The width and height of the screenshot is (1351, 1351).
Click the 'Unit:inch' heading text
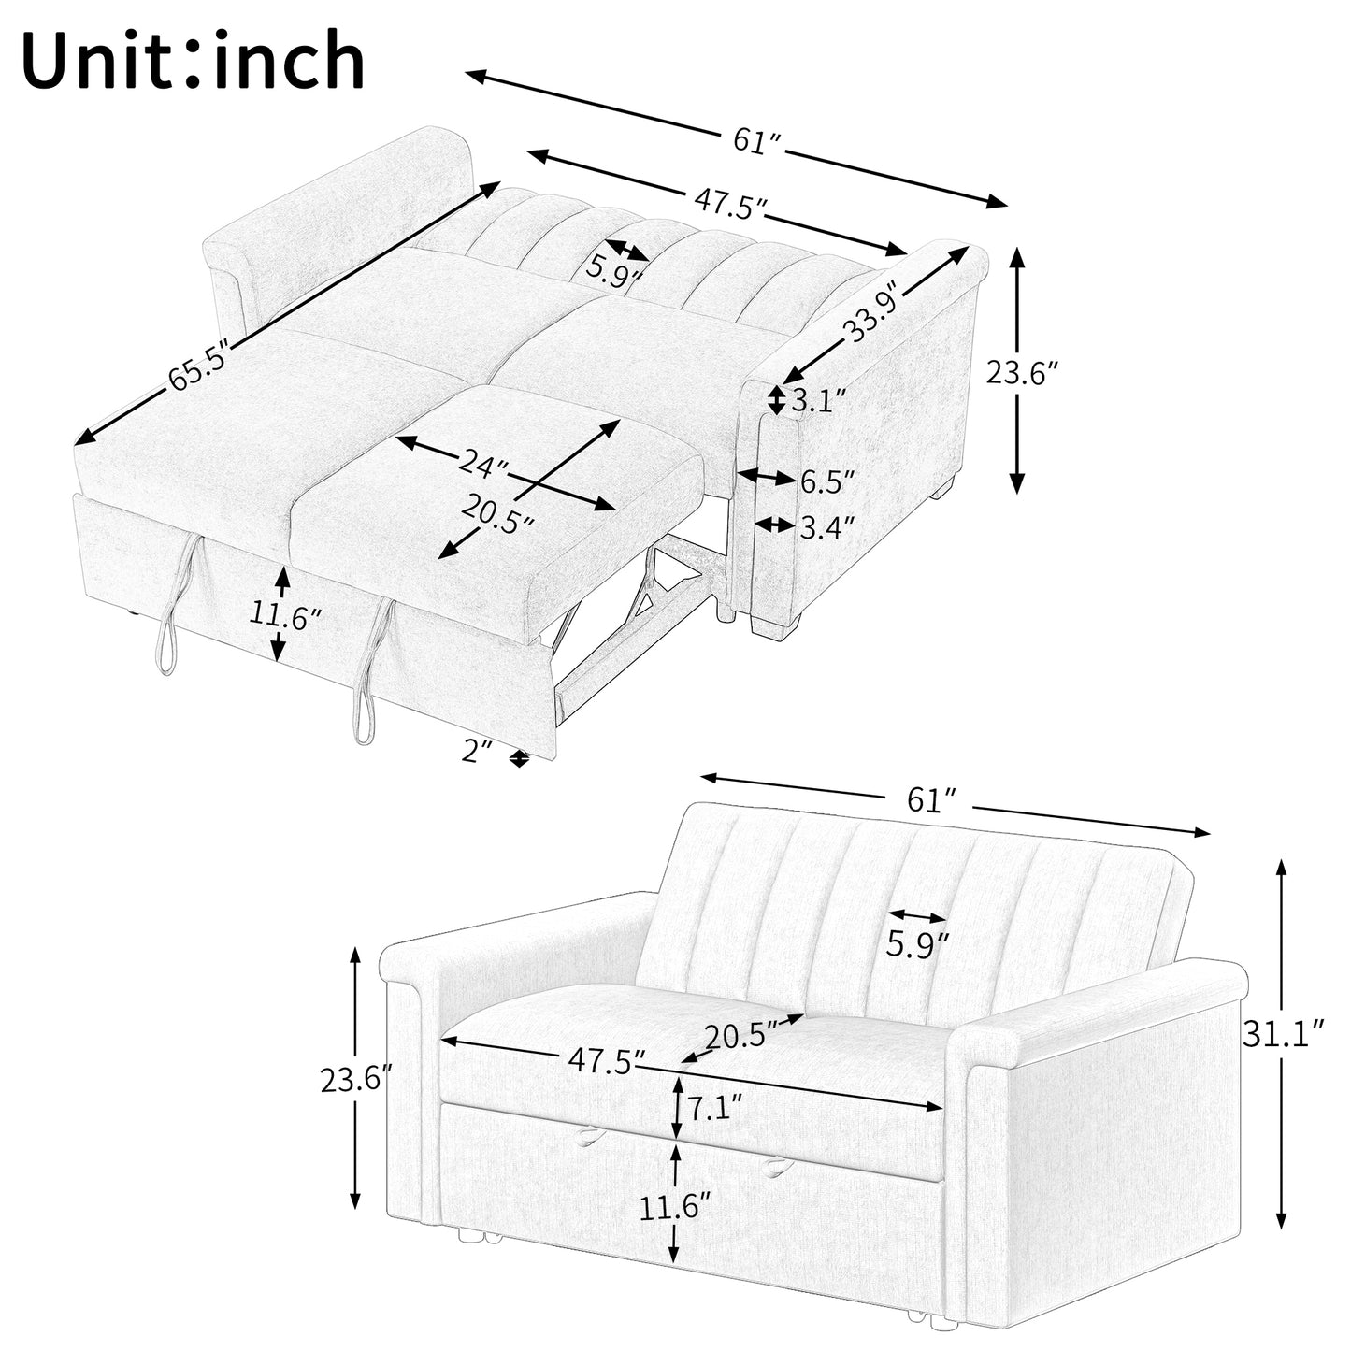[x=193, y=61]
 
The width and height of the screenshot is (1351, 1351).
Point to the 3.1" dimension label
[x=819, y=401]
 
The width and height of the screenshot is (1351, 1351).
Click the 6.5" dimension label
[x=827, y=481]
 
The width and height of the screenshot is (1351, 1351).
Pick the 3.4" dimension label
[x=827, y=527]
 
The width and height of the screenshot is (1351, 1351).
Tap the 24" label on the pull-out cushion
[x=483, y=463]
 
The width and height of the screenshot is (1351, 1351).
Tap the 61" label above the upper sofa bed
[x=757, y=142]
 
